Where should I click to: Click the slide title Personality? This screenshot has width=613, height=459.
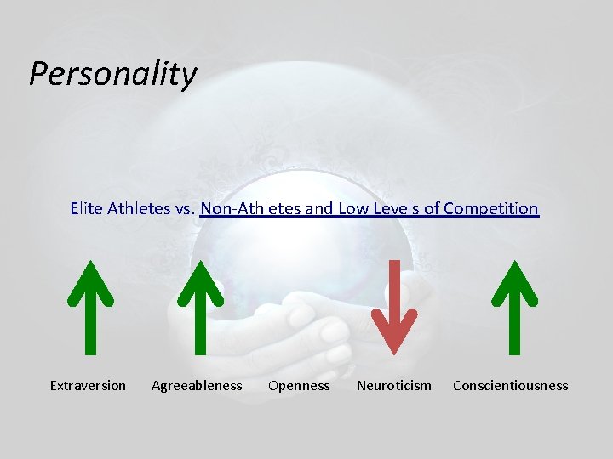pos(112,74)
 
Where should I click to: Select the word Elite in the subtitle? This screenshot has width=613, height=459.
pos(87,208)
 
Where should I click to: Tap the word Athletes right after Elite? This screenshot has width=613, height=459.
pos(139,208)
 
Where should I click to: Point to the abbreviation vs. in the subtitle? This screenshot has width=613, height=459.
pos(185,208)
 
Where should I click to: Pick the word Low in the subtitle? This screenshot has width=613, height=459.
pos(353,208)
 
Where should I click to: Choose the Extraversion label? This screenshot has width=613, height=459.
pos(88,386)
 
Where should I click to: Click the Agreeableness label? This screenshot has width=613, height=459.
pos(197,386)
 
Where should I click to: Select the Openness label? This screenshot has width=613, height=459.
pos(299,386)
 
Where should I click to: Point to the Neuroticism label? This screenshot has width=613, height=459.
pos(394,386)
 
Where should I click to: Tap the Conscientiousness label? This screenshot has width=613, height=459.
pos(510,386)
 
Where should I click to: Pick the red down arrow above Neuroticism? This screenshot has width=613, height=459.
pos(395,306)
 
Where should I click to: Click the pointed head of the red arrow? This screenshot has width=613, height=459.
pos(395,336)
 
